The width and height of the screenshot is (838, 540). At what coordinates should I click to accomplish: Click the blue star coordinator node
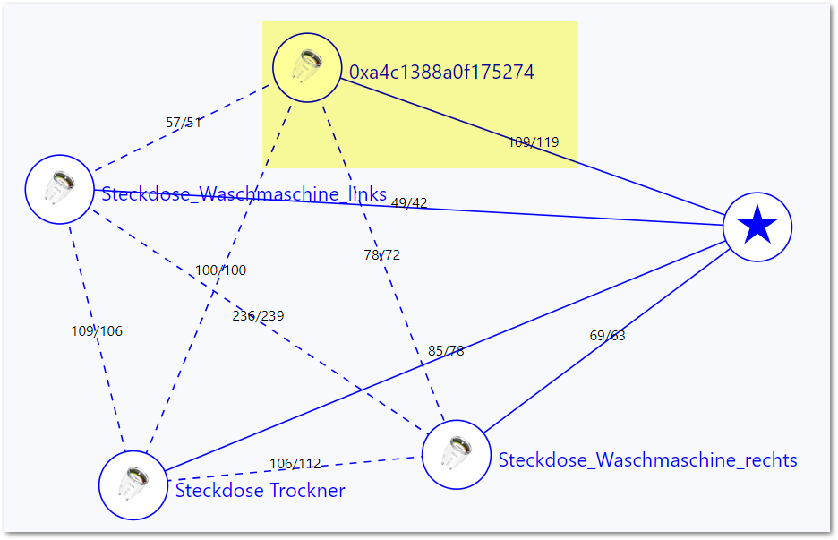757,227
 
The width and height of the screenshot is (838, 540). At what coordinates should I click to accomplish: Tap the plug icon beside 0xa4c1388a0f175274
307,67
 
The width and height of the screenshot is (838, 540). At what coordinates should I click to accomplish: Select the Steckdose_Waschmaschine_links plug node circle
59,189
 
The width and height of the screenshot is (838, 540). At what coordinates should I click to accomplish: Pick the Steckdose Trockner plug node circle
133,485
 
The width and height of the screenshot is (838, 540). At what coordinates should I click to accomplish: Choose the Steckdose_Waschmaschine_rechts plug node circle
457,454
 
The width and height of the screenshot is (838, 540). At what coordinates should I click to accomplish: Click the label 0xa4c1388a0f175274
441,73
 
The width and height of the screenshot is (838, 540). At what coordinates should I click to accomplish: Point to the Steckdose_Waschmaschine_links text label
244,193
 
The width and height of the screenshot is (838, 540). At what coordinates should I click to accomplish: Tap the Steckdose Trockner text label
261,490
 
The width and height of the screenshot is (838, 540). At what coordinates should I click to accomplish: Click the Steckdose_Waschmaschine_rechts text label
647,459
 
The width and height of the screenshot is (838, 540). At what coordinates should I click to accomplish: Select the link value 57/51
184,123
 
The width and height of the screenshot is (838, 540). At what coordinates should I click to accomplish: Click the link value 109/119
534,141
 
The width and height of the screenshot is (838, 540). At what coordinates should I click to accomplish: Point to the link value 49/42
409,202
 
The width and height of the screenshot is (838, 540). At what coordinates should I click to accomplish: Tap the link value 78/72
381,254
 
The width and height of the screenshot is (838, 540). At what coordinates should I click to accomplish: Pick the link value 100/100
221,270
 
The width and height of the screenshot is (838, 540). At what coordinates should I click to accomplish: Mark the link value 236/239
258,315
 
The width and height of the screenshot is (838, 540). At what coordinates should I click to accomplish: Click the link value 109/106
97,331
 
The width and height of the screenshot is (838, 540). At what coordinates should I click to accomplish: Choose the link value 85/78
446,351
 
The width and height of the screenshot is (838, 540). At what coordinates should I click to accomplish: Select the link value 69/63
607,335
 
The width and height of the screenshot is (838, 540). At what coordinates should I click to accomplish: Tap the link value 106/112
295,464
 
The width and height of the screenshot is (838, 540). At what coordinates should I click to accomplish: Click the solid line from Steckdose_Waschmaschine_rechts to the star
607,340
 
